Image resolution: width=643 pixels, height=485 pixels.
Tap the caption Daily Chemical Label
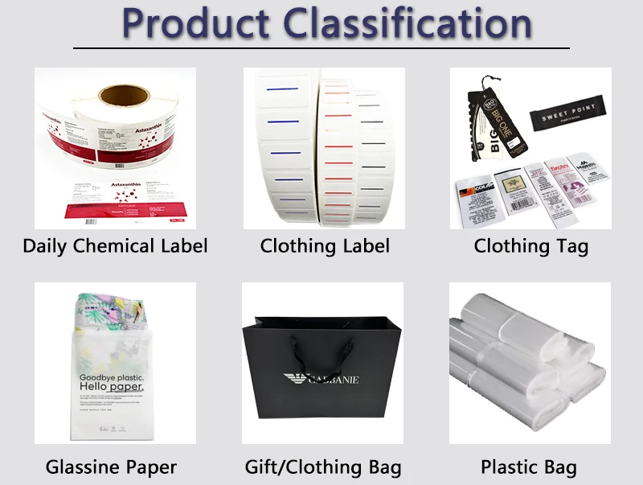[115, 245]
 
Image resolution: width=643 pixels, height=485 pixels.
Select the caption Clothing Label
[325, 245]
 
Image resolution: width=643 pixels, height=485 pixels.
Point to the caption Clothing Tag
[530, 245]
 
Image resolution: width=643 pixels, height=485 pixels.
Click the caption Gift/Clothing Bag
[323, 467]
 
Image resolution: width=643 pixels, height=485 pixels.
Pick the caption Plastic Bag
[529, 467]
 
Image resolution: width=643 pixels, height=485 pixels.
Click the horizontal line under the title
[321, 48]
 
